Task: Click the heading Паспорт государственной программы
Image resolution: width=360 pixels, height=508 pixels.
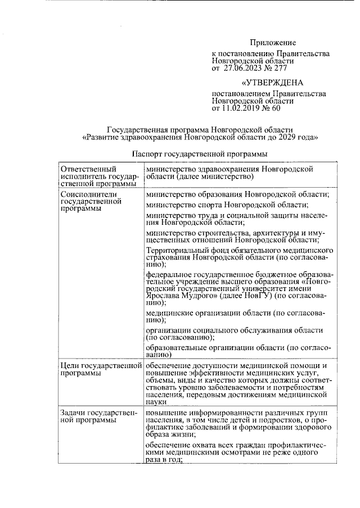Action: point(199,153)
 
